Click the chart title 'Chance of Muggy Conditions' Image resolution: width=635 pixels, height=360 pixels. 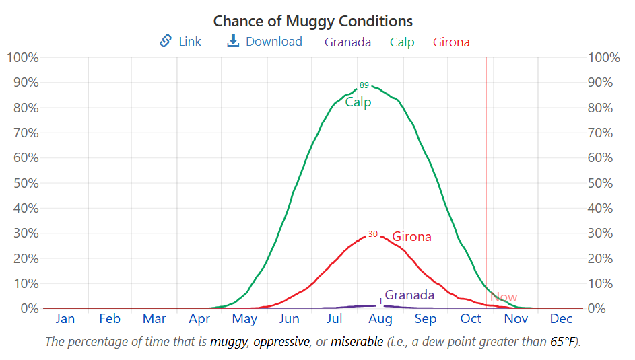tap(313, 21)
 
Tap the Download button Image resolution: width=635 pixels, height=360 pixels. tap(265, 42)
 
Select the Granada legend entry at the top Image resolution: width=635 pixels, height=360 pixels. tap(347, 42)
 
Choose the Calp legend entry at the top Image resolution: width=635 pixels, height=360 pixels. tap(402, 42)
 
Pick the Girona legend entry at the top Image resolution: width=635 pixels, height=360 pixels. tap(451, 42)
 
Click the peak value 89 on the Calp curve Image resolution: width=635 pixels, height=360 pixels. tap(364, 85)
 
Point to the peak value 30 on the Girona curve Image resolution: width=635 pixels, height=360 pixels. tap(372, 234)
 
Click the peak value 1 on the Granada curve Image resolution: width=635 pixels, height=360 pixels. tap(380, 301)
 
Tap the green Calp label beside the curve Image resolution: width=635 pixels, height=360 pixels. tap(358, 102)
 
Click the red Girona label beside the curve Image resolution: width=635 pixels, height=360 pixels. tap(411, 237)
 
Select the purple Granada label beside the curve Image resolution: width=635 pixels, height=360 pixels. tap(409, 295)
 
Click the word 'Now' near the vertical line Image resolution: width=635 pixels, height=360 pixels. tap(504, 297)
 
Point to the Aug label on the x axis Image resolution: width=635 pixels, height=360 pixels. tap(380, 319)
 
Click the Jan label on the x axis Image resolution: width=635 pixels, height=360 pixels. tap(65, 319)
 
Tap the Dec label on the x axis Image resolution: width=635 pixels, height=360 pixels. tap(561, 319)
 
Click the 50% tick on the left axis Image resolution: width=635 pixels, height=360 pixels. tap(23, 183)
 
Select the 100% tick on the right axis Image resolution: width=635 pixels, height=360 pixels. tap(603, 57)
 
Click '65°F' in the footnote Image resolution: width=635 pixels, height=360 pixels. tap(563, 342)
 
